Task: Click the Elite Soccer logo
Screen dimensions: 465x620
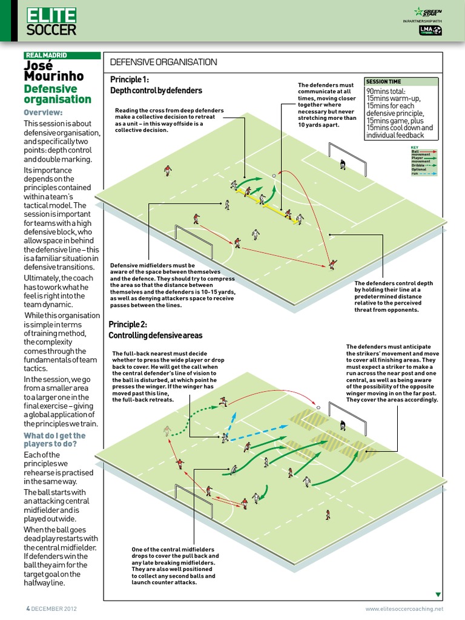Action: click(52, 22)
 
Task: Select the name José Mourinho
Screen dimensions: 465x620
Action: click(53, 71)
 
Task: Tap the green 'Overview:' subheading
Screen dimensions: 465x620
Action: click(43, 113)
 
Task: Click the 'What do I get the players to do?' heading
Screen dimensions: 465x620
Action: click(54, 440)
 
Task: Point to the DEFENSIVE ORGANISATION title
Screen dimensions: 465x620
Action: click(163, 62)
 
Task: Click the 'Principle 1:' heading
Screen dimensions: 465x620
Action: click(130, 80)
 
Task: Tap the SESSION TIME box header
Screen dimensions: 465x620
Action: click(384, 82)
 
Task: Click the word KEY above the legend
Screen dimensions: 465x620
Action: click(415, 147)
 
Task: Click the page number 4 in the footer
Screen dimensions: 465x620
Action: click(27, 608)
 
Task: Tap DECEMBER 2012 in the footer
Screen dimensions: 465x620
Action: click(54, 608)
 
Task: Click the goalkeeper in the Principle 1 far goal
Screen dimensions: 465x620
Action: click(343, 163)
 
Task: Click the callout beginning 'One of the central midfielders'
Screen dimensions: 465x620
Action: click(176, 566)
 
